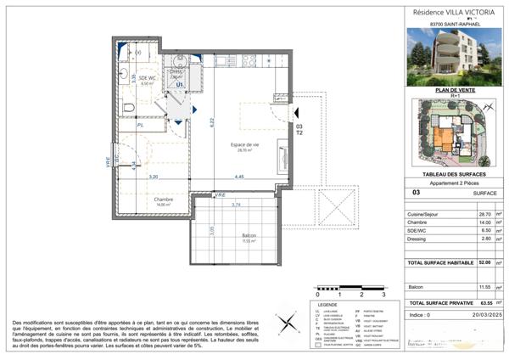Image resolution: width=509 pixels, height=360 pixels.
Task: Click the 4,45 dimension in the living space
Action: pos(240,177)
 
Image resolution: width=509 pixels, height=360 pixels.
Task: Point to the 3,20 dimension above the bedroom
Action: pos(154,177)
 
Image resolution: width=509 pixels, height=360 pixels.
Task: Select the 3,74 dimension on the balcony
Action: pos(237,205)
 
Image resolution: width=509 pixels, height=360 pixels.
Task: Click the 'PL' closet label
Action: pos(140,124)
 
